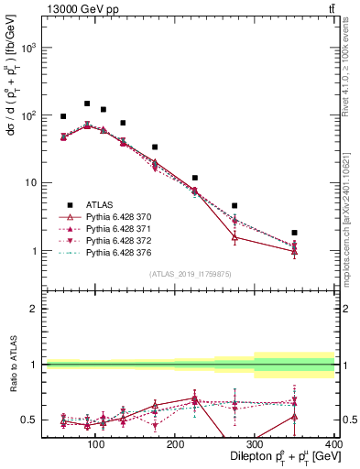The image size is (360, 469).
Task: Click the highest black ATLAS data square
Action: click(87, 104)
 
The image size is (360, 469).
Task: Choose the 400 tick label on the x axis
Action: click(333, 444)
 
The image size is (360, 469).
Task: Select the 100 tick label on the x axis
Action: click(94, 444)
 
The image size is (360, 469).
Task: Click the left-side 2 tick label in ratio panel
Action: click(34, 309)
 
